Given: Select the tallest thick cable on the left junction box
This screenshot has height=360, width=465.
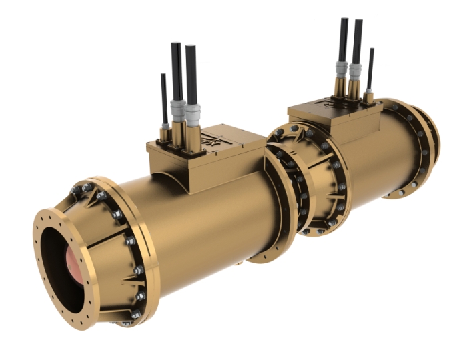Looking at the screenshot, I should pos(176,70).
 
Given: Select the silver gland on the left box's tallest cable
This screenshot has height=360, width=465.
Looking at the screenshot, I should pos(177,111).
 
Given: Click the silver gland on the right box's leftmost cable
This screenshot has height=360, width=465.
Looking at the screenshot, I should pos(342,69).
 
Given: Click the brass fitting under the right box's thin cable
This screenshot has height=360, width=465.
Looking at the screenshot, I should pos(368,96).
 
